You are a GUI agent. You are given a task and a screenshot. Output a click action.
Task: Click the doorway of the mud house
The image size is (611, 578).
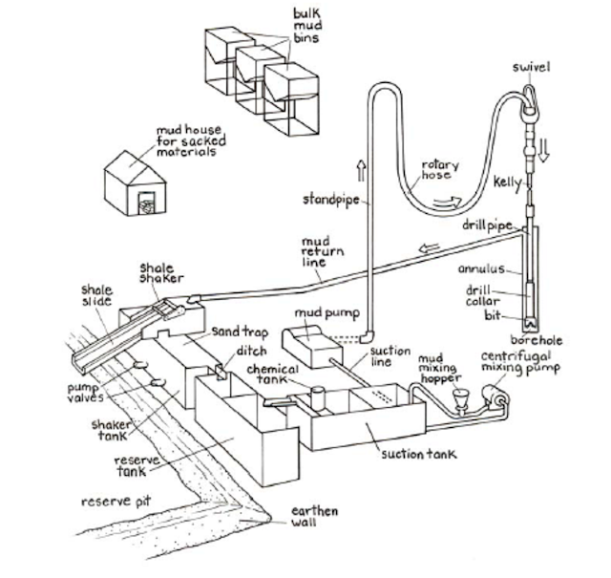pyautogui.click(x=145, y=204)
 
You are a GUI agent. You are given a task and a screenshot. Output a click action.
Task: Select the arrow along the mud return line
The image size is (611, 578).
pyautogui.click(x=431, y=246)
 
